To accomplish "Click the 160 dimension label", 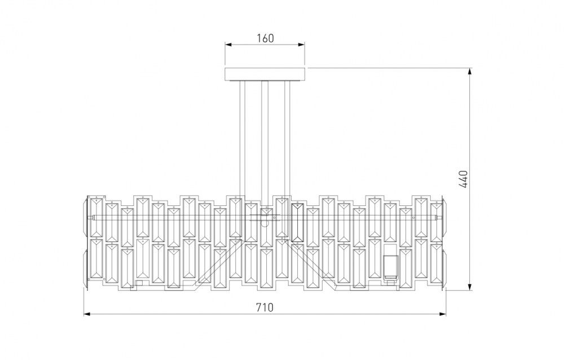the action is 265,38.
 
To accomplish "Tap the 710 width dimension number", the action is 265,308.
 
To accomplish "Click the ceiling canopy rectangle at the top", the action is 265,74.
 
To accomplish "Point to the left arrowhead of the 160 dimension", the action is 228,45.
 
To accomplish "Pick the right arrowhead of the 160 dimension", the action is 302,45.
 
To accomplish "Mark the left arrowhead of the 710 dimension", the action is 87,314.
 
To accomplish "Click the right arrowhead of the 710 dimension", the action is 443,314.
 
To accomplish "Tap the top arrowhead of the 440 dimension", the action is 470,71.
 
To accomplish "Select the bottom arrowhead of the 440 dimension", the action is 470,287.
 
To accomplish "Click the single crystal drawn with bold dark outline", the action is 298,222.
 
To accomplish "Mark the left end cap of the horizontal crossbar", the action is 91,217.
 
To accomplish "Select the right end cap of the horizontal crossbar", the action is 438,217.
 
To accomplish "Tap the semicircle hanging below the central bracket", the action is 265,224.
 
